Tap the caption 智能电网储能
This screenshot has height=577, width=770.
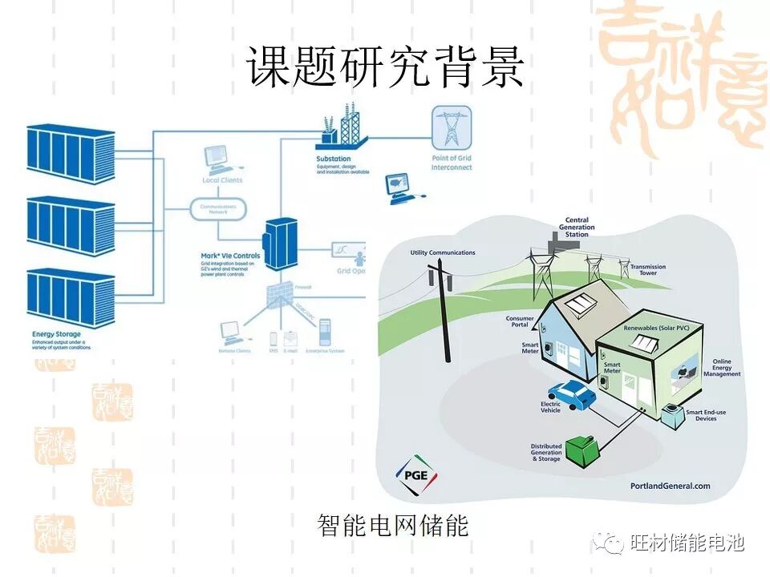point(392,527)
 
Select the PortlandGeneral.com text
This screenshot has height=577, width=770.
point(671,486)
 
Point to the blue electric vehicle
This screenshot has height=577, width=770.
point(574,394)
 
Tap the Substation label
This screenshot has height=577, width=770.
point(334,159)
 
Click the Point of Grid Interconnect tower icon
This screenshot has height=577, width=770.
point(452,127)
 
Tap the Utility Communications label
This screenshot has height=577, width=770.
point(443,253)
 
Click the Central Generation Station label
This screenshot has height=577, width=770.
point(577,227)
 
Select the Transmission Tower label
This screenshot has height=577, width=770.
point(642,270)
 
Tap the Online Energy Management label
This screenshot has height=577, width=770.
point(722,368)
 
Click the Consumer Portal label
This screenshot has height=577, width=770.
point(520,321)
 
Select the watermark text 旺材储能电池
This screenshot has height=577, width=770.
point(687,543)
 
